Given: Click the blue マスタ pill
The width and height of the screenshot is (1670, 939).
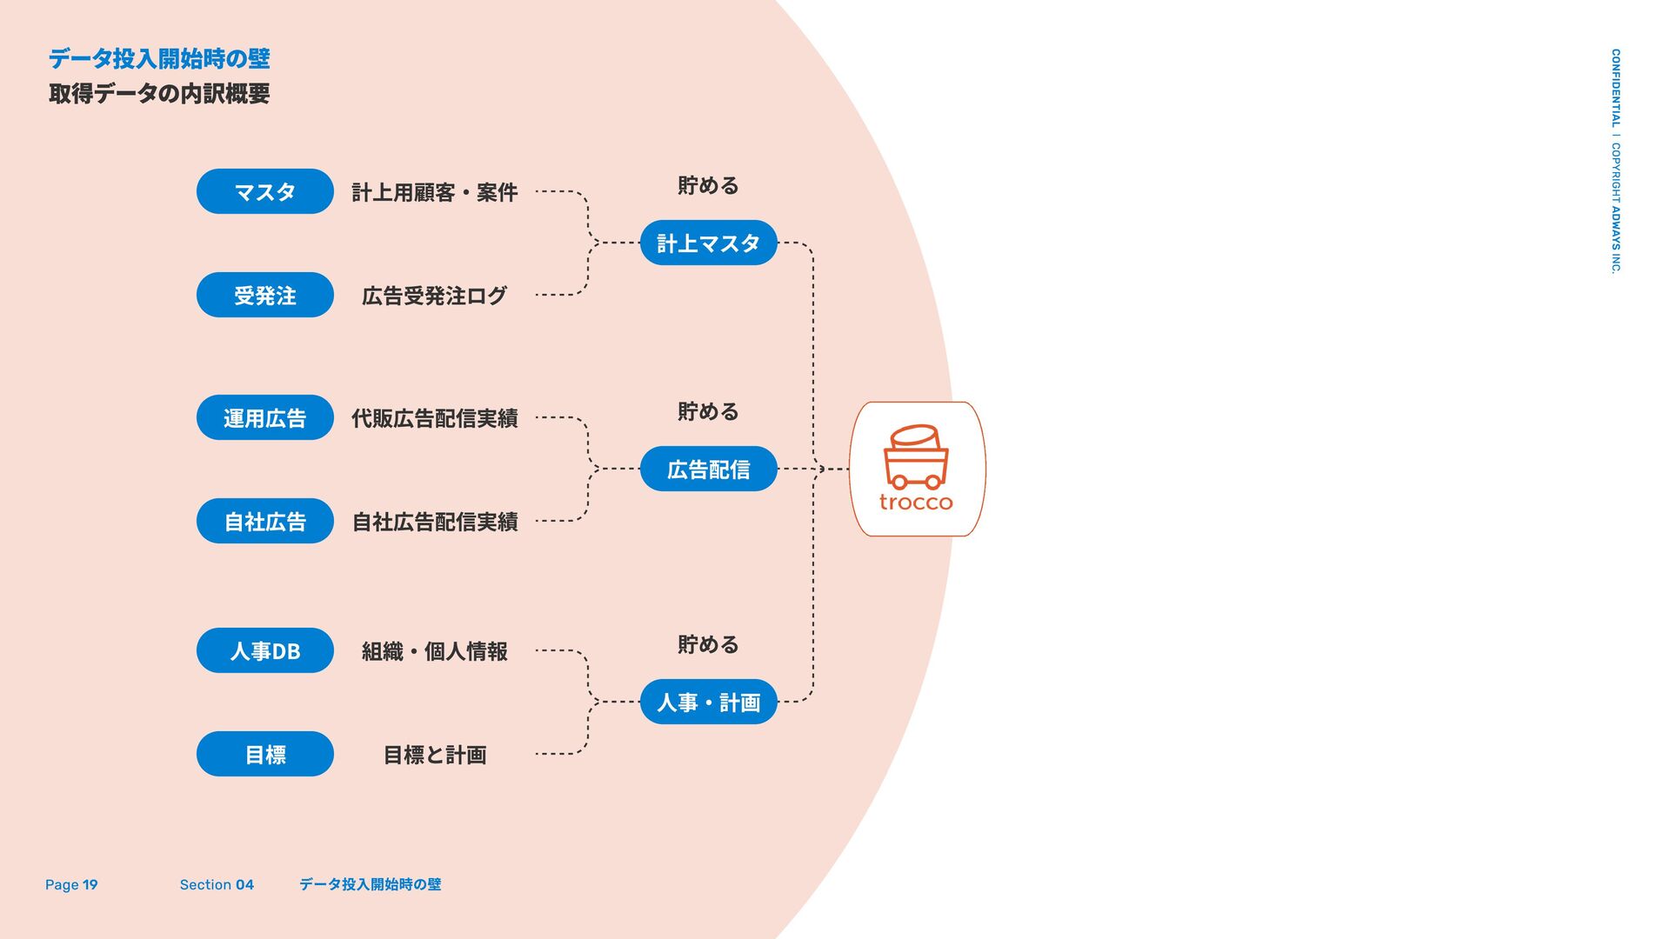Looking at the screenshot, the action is click(264, 191).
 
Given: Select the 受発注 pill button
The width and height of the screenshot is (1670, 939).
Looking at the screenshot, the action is click(264, 295).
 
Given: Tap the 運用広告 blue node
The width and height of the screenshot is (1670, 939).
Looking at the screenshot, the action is click(264, 417).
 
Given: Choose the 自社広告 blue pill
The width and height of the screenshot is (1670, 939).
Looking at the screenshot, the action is click(264, 521).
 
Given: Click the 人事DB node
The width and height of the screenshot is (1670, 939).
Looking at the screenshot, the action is click(264, 650).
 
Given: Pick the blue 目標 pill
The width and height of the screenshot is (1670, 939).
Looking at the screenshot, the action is click(264, 754).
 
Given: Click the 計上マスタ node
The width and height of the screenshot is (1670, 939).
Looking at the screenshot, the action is click(708, 243).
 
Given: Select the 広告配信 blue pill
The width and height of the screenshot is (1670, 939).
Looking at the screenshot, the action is click(708, 469).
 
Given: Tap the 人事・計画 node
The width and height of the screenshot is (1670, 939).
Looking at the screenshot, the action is click(708, 702).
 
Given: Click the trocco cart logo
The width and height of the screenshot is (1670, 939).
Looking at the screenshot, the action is click(916, 468).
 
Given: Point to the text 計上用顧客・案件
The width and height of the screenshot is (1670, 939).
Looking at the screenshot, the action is click(434, 192).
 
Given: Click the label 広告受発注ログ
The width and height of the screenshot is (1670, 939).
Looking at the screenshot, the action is click(434, 296).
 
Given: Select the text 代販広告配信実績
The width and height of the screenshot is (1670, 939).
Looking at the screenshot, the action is click(434, 418).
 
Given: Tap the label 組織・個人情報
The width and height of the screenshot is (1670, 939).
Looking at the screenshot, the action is click(434, 651).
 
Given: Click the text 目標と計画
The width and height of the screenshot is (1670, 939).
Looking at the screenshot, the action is click(434, 755).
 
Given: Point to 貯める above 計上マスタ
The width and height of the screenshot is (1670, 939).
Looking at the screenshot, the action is click(708, 185).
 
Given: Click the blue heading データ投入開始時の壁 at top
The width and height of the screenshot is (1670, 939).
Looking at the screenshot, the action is click(159, 58).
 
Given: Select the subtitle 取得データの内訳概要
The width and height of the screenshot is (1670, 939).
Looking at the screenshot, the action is click(159, 93).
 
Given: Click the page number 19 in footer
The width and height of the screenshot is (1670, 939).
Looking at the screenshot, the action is click(90, 884).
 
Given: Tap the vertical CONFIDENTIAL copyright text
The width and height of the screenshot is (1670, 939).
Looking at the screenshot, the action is click(1615, 161).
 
